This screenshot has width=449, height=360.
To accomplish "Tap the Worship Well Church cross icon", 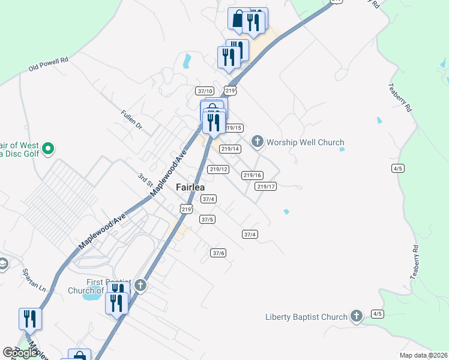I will pyautogui.click(x=258, y=142).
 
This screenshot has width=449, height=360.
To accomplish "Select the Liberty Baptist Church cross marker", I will pyautogui.click(x=357, y=316).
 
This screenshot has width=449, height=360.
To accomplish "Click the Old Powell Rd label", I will pyautogui.click(x=49, y=65).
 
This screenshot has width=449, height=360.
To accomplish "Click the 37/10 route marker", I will pyautogui.click(x=205, y=91).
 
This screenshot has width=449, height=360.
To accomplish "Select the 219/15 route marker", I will pyautogui.click(x=234, y=128).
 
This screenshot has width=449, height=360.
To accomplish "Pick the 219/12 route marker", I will pyautogui.click(x=218, y=169).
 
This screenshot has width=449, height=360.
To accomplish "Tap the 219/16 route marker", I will pyautogui.click(x=253, y=175).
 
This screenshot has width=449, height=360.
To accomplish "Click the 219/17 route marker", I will pyautogui.click(x=265, y=187).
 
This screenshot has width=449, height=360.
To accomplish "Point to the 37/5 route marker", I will pyautogui.click(x=207, y=220).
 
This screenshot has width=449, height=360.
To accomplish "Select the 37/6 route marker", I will pyautogui.click(x=218, y=253).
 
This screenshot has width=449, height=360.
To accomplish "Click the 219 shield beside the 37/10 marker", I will pyautogui.click(x=230, y=91).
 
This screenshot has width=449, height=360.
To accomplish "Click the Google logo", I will pyautogui.click(x=20, y=353).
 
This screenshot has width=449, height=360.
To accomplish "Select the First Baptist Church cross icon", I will pyautogui.click(x=140, y=285).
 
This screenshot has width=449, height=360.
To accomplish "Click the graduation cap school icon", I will pyautogui.click(x=3, y=264).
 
